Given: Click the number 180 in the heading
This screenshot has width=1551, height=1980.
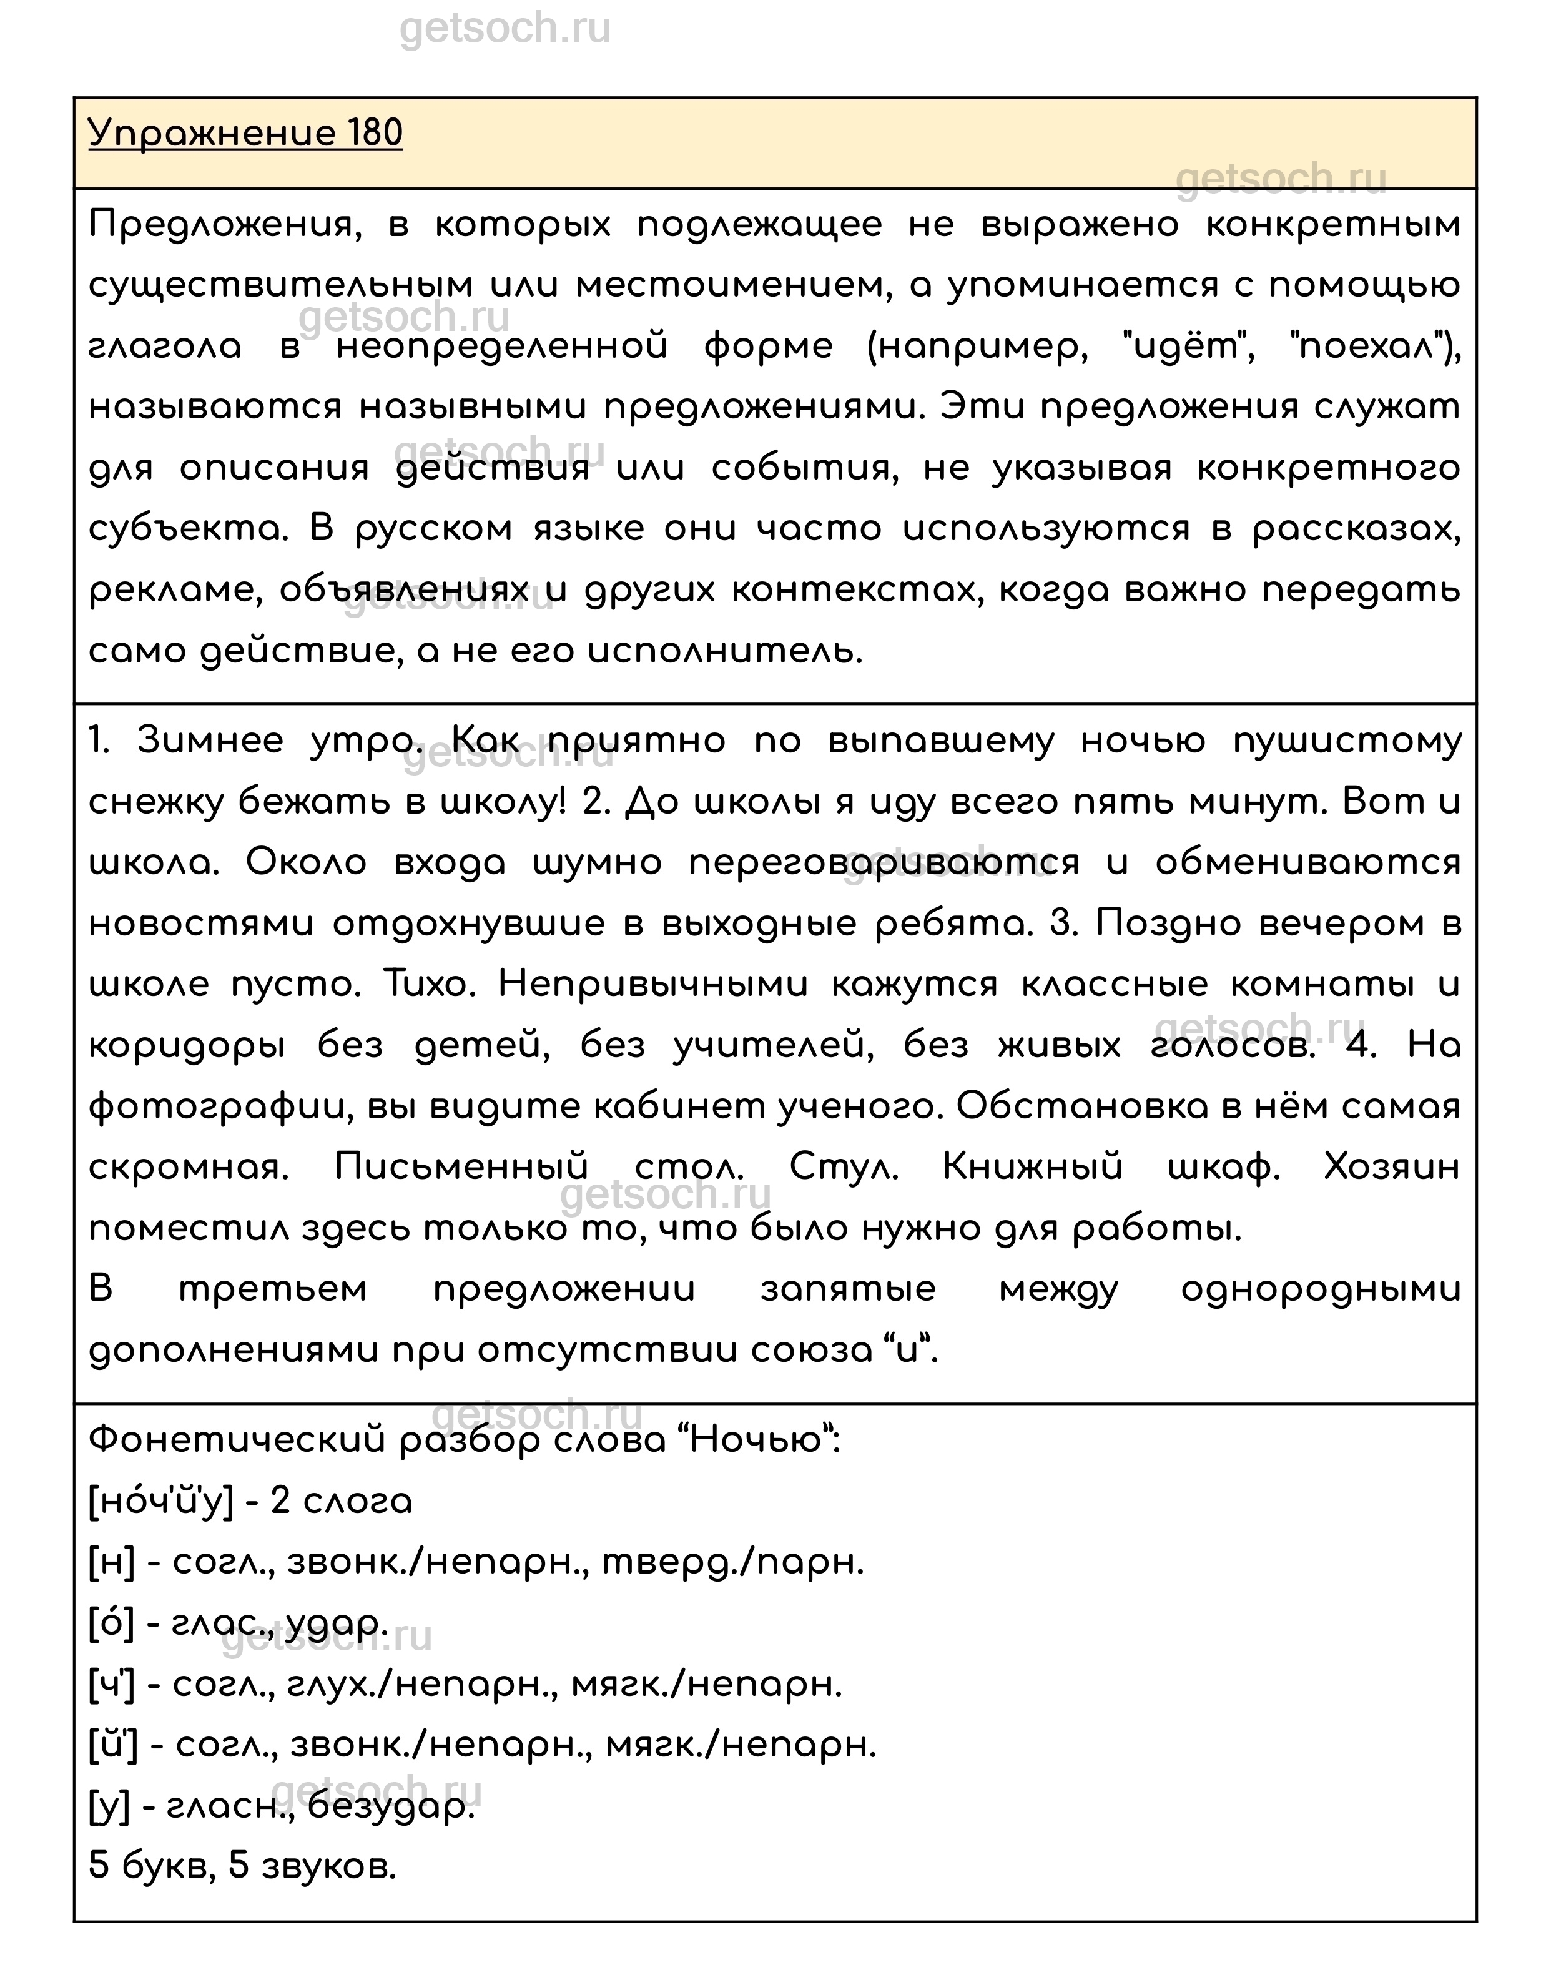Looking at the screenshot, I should coord(373,134).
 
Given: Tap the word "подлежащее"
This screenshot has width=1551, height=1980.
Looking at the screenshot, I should coord(759,224).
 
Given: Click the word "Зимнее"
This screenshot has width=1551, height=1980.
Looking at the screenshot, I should coord(210,742).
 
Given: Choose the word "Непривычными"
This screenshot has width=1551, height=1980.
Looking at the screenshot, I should coord(653,985).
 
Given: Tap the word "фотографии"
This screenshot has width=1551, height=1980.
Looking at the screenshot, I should coord(216,1108).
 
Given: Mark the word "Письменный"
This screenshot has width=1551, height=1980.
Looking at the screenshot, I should coord(461,1168).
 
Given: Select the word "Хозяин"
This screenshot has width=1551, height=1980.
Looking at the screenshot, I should coord(1392,1168).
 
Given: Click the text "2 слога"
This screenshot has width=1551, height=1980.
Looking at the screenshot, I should coord(342,1502).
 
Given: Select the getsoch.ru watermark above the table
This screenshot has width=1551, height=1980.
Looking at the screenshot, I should coord(505,29).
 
